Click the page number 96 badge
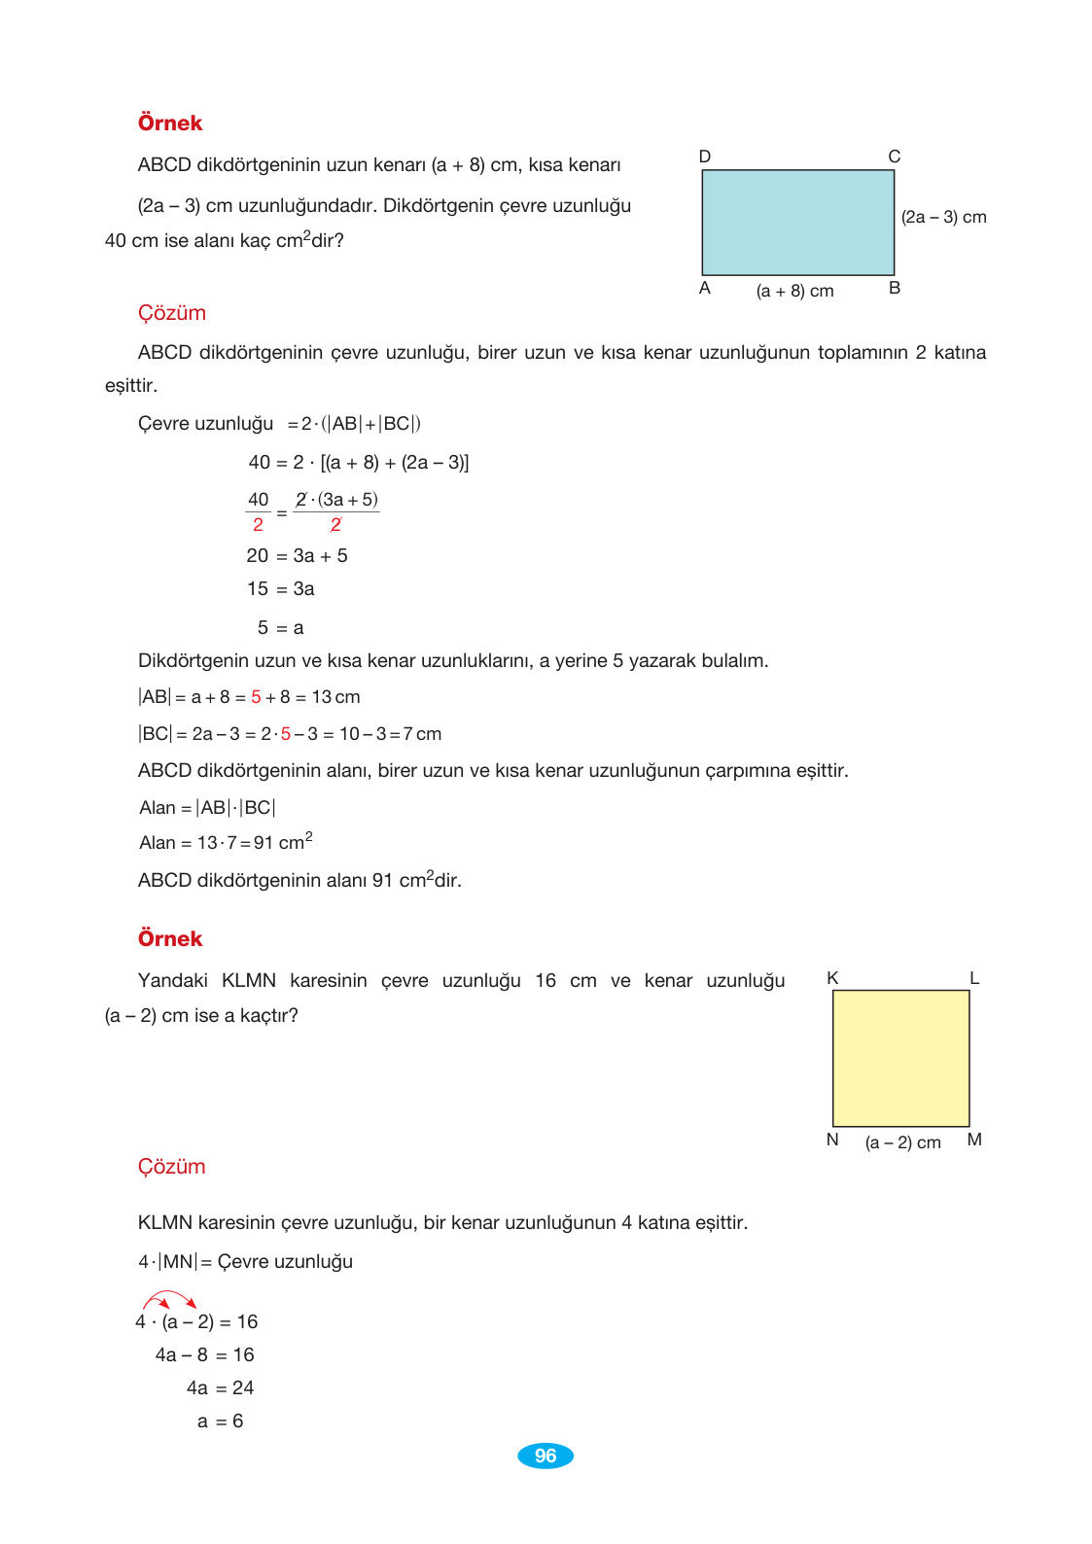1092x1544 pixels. [x=545, y=1456]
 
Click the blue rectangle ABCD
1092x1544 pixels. [x=797, y=223]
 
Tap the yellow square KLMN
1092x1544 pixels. [x=900, y=1058]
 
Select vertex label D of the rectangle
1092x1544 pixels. [x=705, y=157]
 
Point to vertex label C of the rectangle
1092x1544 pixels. [x=894, y=157]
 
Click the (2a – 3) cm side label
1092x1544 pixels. [x=943, y=217]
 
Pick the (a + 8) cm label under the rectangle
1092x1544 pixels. [x=794, y=291]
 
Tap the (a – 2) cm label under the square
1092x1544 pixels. [x=902, y=1142]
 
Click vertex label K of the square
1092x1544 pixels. [x=832, y=978]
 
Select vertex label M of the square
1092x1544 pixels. [x=974, y=1140]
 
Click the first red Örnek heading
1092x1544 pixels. [x=170, y=123]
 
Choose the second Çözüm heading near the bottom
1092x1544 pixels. [x=171, y=1166]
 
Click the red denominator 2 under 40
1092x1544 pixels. [x=258, y=525]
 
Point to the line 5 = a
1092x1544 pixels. [x=280, y=628]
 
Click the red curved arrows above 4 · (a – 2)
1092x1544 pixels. [x=170, y=1300]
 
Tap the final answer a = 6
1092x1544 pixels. [x=220, y=1421]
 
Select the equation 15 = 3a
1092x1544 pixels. [x=280, y=589]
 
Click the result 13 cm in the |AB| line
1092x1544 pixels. [x=335, y=697]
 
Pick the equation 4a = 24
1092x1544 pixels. [x=220, y=1388]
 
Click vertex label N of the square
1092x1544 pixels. [x=832, y=1140]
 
